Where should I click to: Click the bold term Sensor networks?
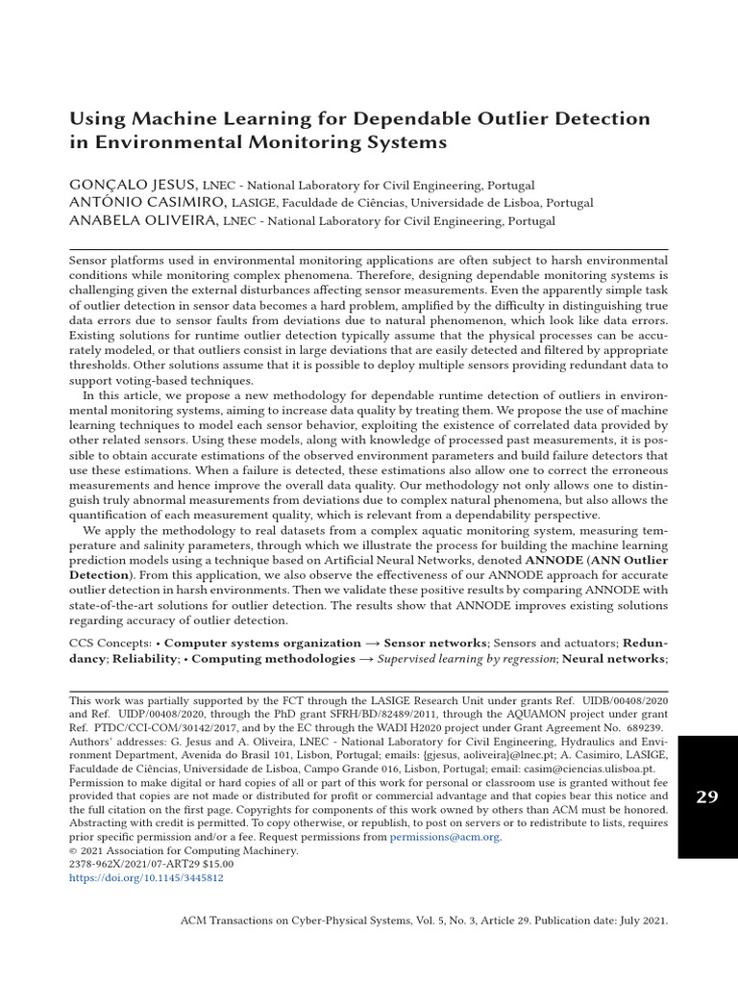click(x=439, y=642)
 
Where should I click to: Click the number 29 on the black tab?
click(x=706, y=796)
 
